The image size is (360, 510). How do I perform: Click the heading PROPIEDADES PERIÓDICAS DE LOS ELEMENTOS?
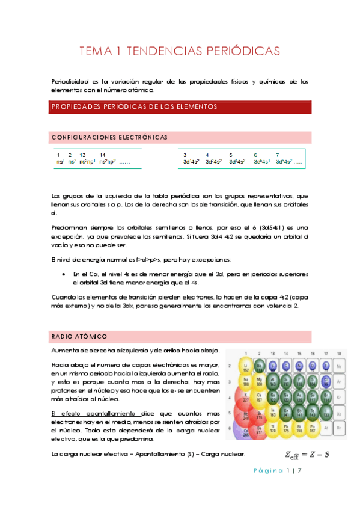coord(134,106)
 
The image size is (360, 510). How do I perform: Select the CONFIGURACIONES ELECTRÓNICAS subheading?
coord(109,137)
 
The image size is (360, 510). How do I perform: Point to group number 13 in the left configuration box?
coord(83,155)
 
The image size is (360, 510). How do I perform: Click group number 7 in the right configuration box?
coord(277,155)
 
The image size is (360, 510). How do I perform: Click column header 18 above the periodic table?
coord(340,354)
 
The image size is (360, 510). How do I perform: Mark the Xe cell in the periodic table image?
coord(340,414)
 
